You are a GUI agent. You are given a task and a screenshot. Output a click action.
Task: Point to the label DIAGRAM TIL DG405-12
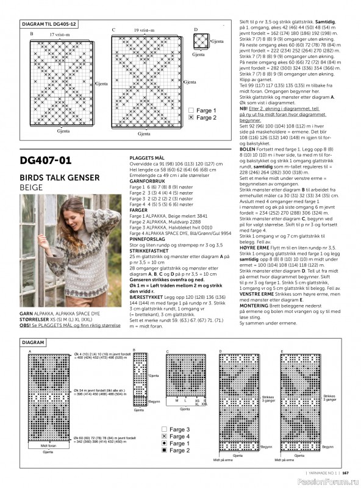(49, 23)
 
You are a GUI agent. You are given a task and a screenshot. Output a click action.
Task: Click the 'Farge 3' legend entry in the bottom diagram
(179, 429)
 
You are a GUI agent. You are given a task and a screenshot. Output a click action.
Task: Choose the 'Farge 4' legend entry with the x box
(179, 437)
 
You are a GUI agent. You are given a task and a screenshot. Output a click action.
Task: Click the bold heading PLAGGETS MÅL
(146, 157)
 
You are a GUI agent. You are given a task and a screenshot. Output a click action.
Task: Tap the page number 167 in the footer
(345, 471)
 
